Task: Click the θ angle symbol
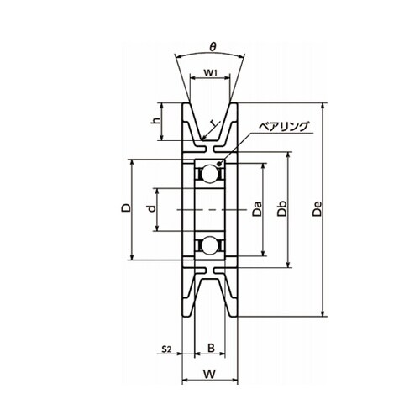coord(213,47)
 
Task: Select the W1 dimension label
coord(210,73)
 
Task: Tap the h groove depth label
coord(155,120)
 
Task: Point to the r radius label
coord(214,123)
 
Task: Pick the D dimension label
coord(126,207)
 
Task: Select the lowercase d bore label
coord(151,208)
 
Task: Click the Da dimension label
coord(256,209)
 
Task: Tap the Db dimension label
coord(282,209)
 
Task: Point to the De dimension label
coord(318,209)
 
